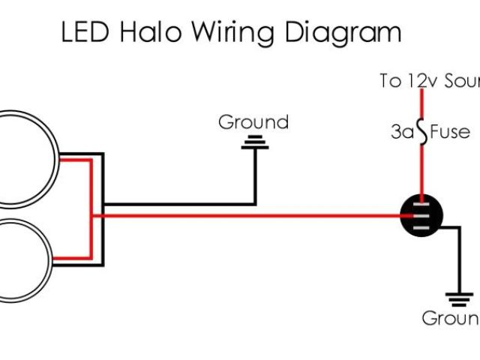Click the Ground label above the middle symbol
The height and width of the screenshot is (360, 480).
(x=253, y=122)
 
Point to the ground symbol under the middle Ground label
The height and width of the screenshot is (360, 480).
(x=254, y=142)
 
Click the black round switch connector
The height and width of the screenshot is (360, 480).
(x=421, y=215)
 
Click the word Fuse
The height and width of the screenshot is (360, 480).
(x=450, y=133)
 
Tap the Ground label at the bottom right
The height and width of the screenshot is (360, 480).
(x=451, y=318)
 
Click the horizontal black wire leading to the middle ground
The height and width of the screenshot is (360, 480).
(x=180, y=203)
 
